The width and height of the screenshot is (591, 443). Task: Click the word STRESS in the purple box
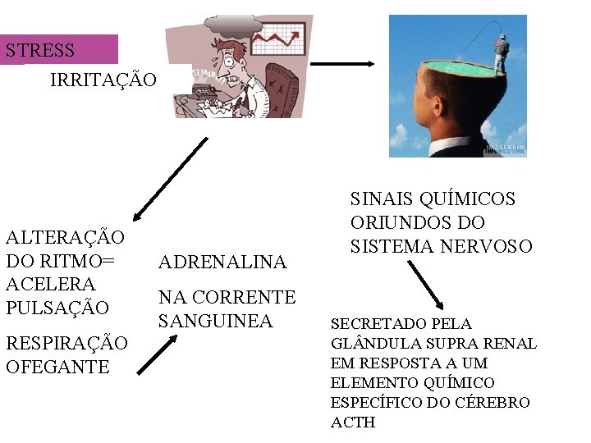pyautogui.click(x=40, y=50)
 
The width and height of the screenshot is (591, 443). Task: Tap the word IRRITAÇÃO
pyautogui.click(x=103, y=80)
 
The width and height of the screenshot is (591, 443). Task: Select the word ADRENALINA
pyautogui.click(x=222, y=263)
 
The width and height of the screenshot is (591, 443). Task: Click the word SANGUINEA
pyautogui.click(x=215, y=321)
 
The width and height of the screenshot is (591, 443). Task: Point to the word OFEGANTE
pyautogui.click(x=57, y=367)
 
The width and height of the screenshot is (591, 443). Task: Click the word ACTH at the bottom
pyautogui.click(x=352, y=422)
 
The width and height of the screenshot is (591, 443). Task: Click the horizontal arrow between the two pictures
pyautogui.click(x=342, y=63)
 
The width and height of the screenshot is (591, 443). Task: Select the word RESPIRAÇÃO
pyautogui.click(x=66, y=343)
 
